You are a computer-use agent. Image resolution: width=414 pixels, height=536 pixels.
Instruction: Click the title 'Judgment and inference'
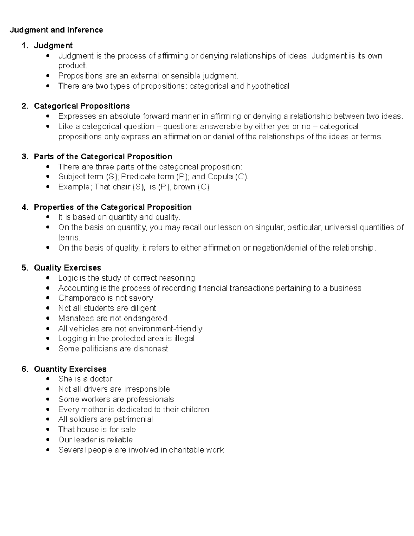[x=56, y=30]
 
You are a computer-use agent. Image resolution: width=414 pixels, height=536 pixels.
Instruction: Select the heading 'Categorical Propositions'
[x=82, y=106]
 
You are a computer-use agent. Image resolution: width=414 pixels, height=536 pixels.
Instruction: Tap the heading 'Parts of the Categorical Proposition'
[x=103, y=157]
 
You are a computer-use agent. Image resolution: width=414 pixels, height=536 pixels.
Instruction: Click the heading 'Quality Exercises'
[x=67, y=268]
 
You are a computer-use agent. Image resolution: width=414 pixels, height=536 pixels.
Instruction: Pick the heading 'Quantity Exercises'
[x=70, y=369]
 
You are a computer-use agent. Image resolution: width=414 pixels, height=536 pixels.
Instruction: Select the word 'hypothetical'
[x=268, y=86]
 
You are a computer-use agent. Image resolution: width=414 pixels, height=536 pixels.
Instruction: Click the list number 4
[x=24, y=207]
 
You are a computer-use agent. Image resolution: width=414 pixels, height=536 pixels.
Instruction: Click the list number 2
[x=24, y=106]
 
